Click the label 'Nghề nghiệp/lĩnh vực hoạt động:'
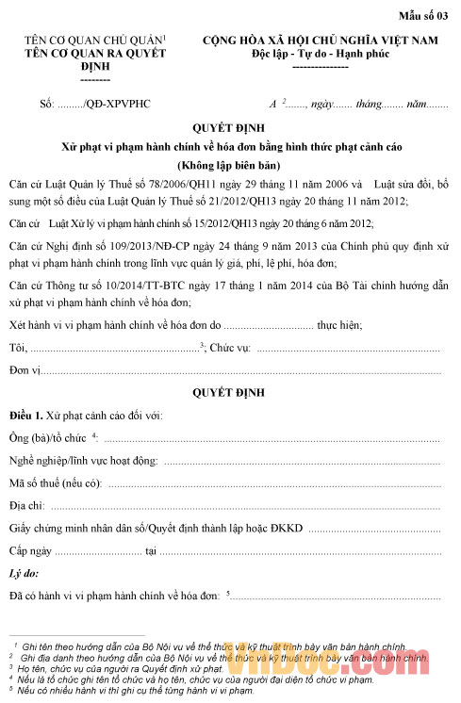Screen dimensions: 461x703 tap(83, 461)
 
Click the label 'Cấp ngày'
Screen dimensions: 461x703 tap(31, 550)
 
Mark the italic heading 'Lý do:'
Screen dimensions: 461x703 tap(23, 573)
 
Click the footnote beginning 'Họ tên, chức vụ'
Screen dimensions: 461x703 tap(123, 668)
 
